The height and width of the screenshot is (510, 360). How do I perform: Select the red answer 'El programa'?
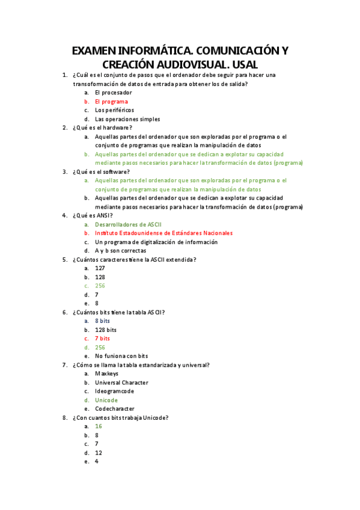(x=111, y=102)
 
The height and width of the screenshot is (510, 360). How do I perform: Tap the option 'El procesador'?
(x=113, y=93)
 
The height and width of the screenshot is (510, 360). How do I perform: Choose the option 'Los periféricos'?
(x=114, y=110)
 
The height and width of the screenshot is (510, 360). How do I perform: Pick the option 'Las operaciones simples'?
(x=127, y=119)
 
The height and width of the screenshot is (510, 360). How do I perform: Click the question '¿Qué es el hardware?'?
(x=102, y=127)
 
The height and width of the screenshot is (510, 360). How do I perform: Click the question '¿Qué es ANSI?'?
(x=92, y=215)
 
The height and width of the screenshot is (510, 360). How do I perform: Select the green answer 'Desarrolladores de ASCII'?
(x=128, y=224)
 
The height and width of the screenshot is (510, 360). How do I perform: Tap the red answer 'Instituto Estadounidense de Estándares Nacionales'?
(x=163, y=233)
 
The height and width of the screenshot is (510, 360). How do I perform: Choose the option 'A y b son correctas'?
(x=120, y=251)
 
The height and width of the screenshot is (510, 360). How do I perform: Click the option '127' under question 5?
(x=100, y=268)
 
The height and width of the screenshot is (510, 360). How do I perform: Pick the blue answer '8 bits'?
(x=102, y=321)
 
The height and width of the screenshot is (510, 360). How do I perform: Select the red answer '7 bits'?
(x=102, y=339)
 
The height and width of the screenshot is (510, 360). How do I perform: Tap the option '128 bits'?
(x=106, y=330)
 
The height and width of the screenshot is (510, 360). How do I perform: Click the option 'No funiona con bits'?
(x=121, y=356)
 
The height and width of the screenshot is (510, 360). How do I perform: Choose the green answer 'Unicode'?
(x=106, y=400)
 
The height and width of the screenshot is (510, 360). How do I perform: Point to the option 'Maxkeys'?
(x=106, y=373)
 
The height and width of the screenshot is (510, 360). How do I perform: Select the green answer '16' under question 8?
(x=99, y=426)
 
